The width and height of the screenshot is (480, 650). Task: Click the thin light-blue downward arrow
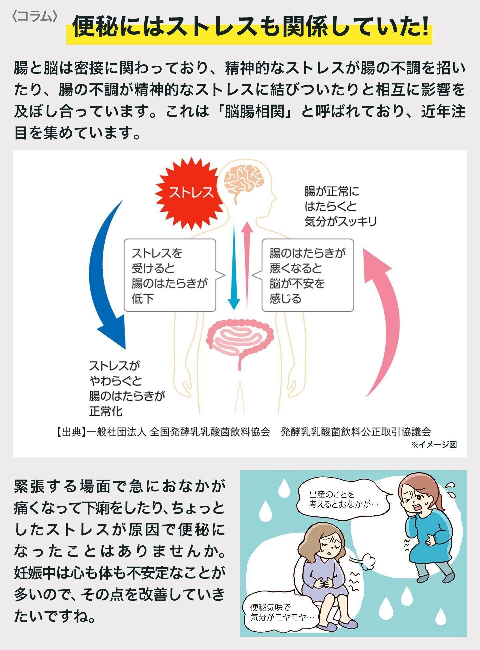tap(234, 267)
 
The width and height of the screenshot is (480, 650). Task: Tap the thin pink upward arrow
tap(247, 263)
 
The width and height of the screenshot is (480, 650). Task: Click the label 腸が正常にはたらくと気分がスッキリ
tap(340, 207)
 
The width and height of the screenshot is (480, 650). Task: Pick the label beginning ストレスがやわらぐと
tap(127, 388)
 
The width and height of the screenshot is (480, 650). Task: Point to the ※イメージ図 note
tap(433, 445)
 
